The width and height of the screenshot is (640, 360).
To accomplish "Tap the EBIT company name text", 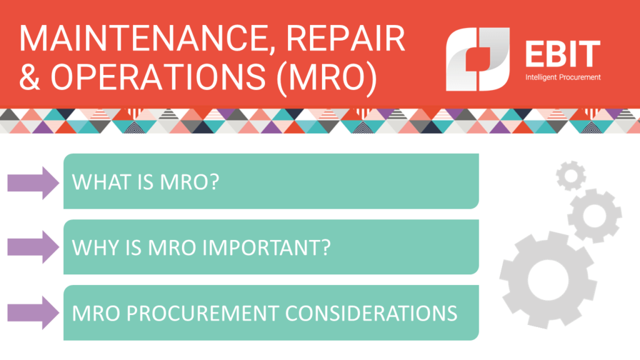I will (x=562, y=54).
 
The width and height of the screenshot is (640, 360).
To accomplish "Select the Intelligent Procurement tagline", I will (x=562, y=77).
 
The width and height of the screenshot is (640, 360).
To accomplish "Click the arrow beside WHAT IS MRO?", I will (x=33, y=182).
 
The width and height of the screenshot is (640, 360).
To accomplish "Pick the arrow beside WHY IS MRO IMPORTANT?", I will (x=33, y=247).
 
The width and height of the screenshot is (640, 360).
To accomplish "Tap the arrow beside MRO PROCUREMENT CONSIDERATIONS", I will (x=33, y=312).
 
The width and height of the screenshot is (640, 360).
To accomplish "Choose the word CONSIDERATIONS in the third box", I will (x=371, y=312).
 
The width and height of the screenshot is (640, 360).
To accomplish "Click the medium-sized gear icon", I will (x=594, y=216).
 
